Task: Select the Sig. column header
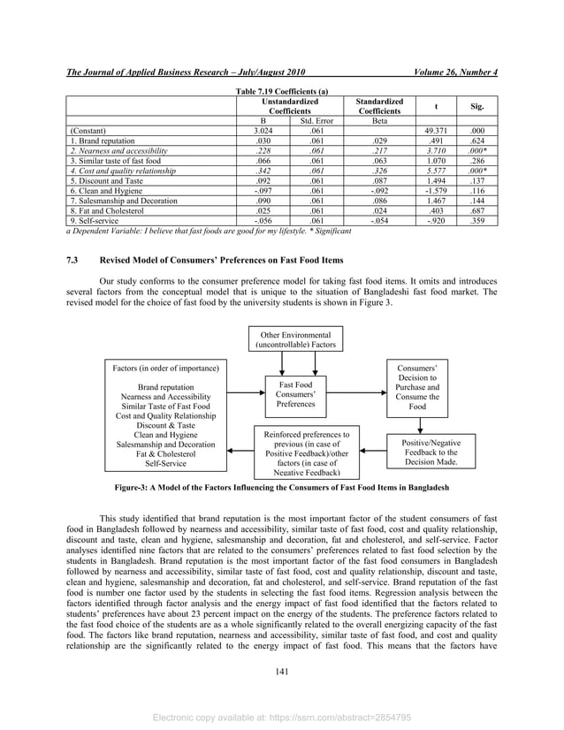pos(477,105)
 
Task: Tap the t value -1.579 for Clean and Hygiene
pos(439,190)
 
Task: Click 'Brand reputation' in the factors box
pos(165,387)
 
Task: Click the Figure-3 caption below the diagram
pos(281,487)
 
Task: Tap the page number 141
pos(282,673)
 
